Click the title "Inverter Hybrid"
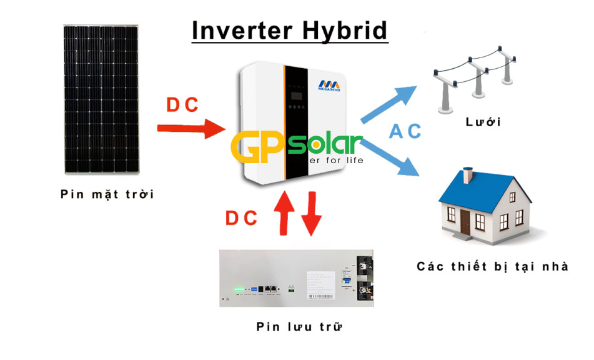[289, 31]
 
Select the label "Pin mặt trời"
[107, 194]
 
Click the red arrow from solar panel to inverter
[191, 129]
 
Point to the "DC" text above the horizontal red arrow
[183, 105]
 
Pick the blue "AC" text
[405, 131]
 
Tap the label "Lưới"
[483, 121]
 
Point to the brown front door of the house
[465, 221]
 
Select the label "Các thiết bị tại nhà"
[493, 267]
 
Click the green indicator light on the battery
[237, 289]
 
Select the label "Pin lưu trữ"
[300, 326]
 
